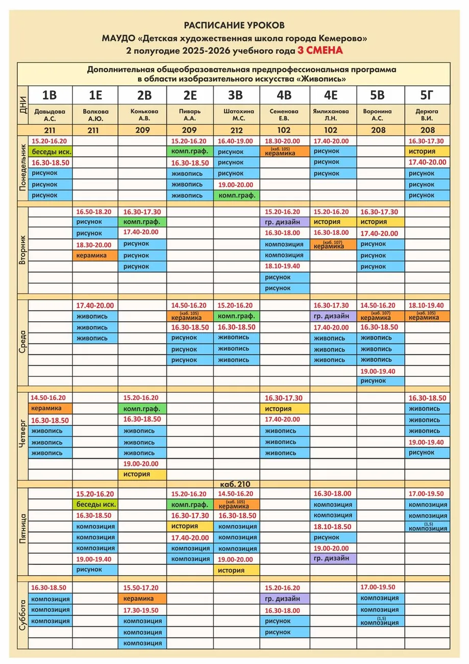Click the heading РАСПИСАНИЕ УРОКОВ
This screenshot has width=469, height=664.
[234, 25]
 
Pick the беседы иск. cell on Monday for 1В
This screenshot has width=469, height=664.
[51, 152]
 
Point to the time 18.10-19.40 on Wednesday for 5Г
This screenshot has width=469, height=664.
[427, 305]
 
